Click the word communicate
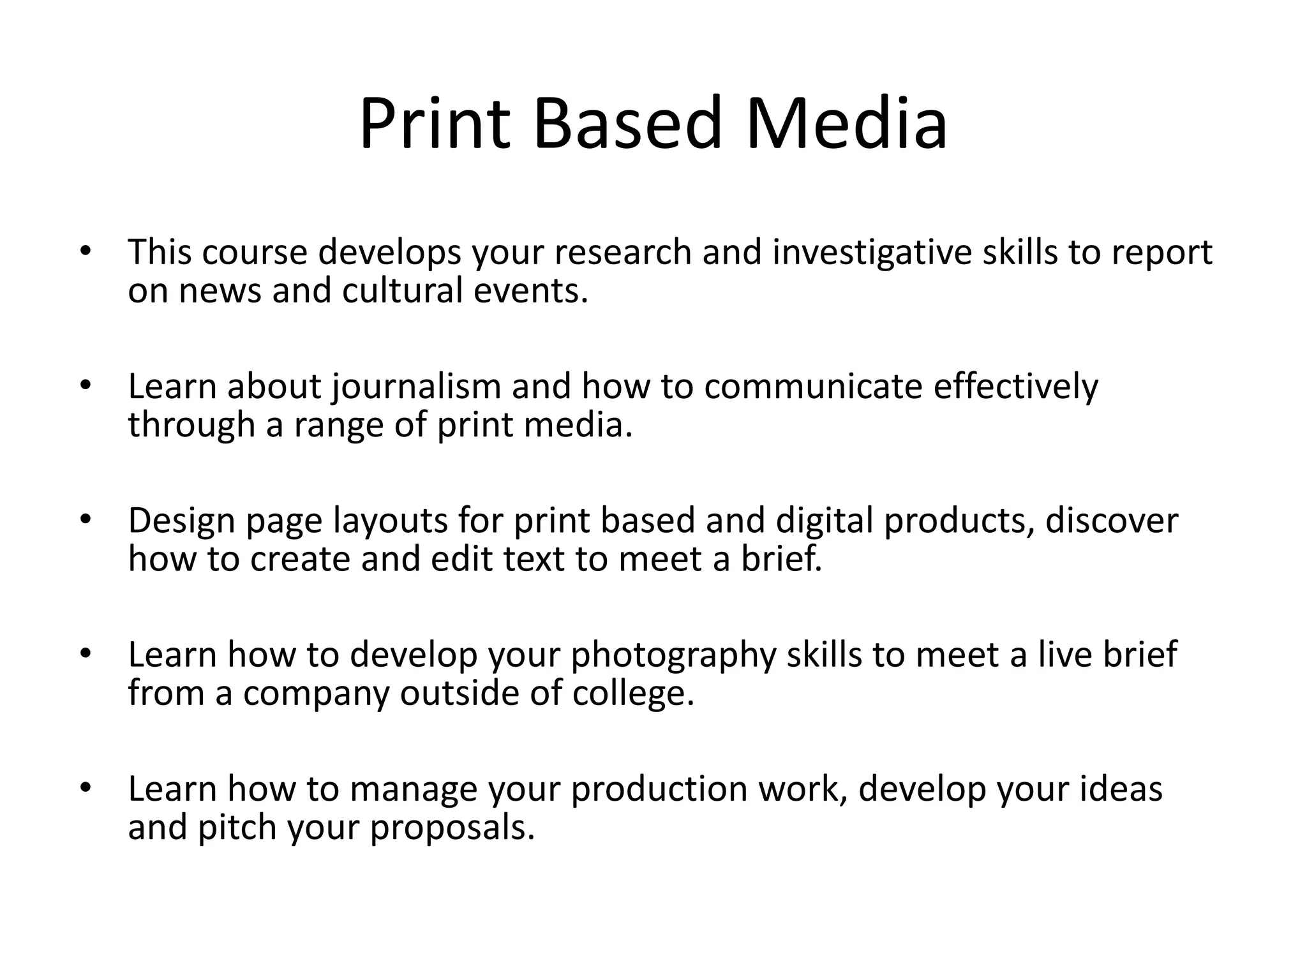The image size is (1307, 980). point(813,387)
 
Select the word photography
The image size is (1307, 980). point(673,656)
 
